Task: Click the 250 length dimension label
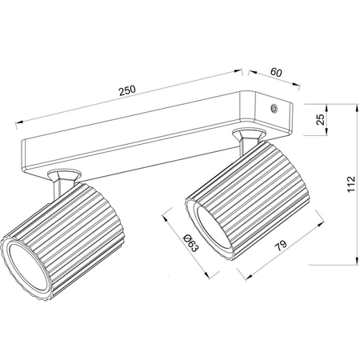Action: pos(127,90)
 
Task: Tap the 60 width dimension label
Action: pos(276,72)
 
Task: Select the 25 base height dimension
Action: pos(320,119)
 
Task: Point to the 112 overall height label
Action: pos(351,184)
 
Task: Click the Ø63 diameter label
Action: pos(191,243)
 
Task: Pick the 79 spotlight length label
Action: pos(281,246)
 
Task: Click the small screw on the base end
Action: pos(274,108)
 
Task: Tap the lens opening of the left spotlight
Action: pos(26,266)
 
